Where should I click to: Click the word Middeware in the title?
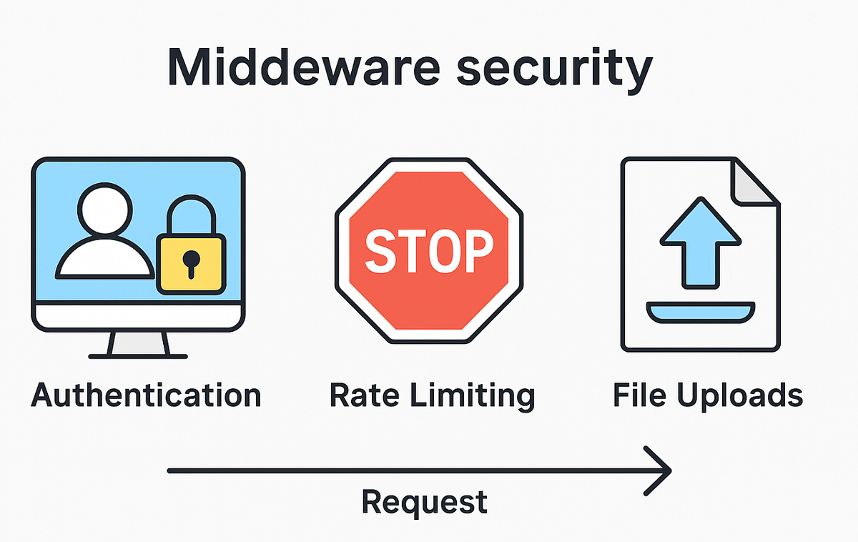tap(286, 68)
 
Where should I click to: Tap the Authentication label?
tap(147, 395)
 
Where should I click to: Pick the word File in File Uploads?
tap(638, 395)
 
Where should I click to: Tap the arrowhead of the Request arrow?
tap(661, 470)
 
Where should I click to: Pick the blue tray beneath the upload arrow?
tap(700, 312)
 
